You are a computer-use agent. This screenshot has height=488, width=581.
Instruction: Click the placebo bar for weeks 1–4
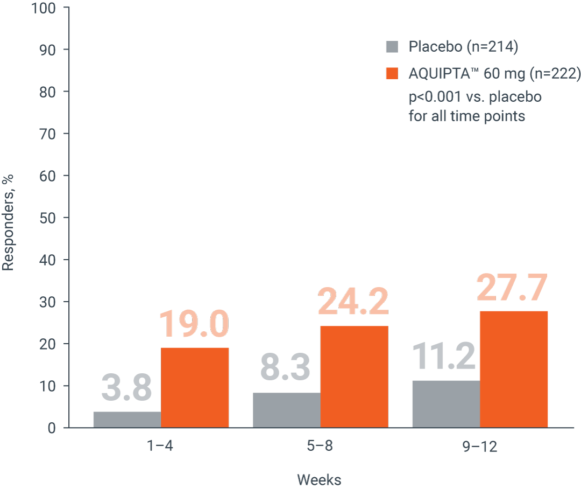coord(127,420)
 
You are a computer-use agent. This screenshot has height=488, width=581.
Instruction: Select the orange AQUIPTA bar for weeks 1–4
coord(195,387)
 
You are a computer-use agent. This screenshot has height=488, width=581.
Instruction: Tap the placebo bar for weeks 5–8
coord(287,410)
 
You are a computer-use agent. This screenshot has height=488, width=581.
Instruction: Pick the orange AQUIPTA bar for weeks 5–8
coord(355,377)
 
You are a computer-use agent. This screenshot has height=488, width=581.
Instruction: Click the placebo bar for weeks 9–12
coord(446,404)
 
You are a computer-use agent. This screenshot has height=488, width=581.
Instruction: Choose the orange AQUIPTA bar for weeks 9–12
coord(514,369)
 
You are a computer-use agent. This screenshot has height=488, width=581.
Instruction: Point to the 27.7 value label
coord(512,289)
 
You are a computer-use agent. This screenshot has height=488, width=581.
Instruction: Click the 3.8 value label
coord(127,388)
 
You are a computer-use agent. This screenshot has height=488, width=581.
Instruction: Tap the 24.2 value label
coord(353,303)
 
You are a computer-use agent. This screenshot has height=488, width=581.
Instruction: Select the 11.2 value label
coord(444,357)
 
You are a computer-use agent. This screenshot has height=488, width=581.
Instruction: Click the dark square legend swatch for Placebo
coord(392,47)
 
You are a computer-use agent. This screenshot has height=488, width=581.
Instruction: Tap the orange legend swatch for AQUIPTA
coord(392,73)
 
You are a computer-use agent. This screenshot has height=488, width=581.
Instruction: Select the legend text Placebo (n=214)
coord(463,47)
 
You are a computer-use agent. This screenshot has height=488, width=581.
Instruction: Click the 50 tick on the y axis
coord(49,218)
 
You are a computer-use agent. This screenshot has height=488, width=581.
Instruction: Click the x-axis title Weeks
coord(319,479)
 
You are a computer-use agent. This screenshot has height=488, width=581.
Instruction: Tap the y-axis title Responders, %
coord(8,222)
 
